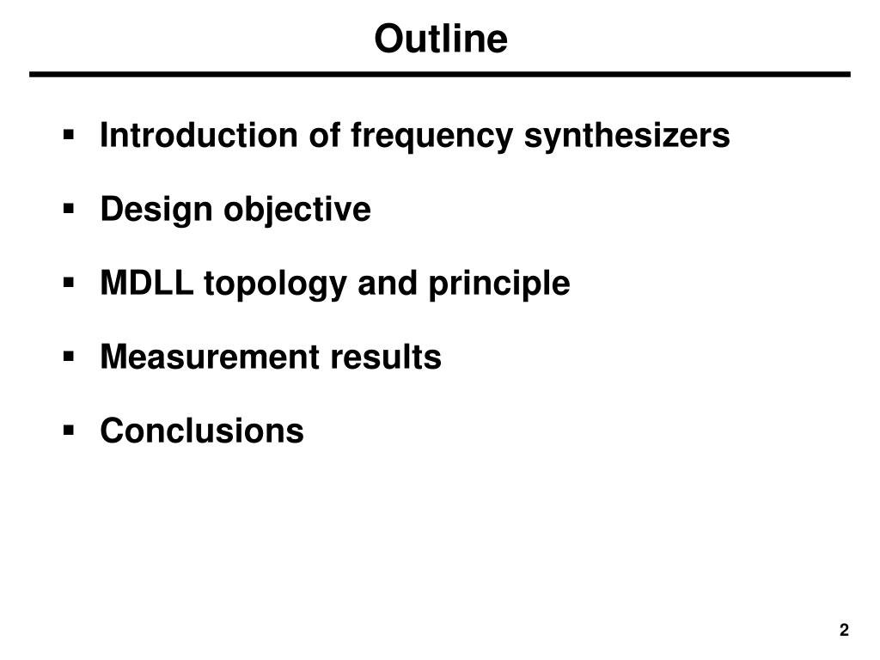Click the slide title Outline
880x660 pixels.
440,38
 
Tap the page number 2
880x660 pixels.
844,631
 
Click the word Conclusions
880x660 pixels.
202,431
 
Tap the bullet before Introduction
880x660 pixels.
68,135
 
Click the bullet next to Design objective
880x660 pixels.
68,209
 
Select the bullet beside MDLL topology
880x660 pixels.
68,283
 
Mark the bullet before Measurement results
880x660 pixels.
68,357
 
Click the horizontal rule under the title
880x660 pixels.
440,75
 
